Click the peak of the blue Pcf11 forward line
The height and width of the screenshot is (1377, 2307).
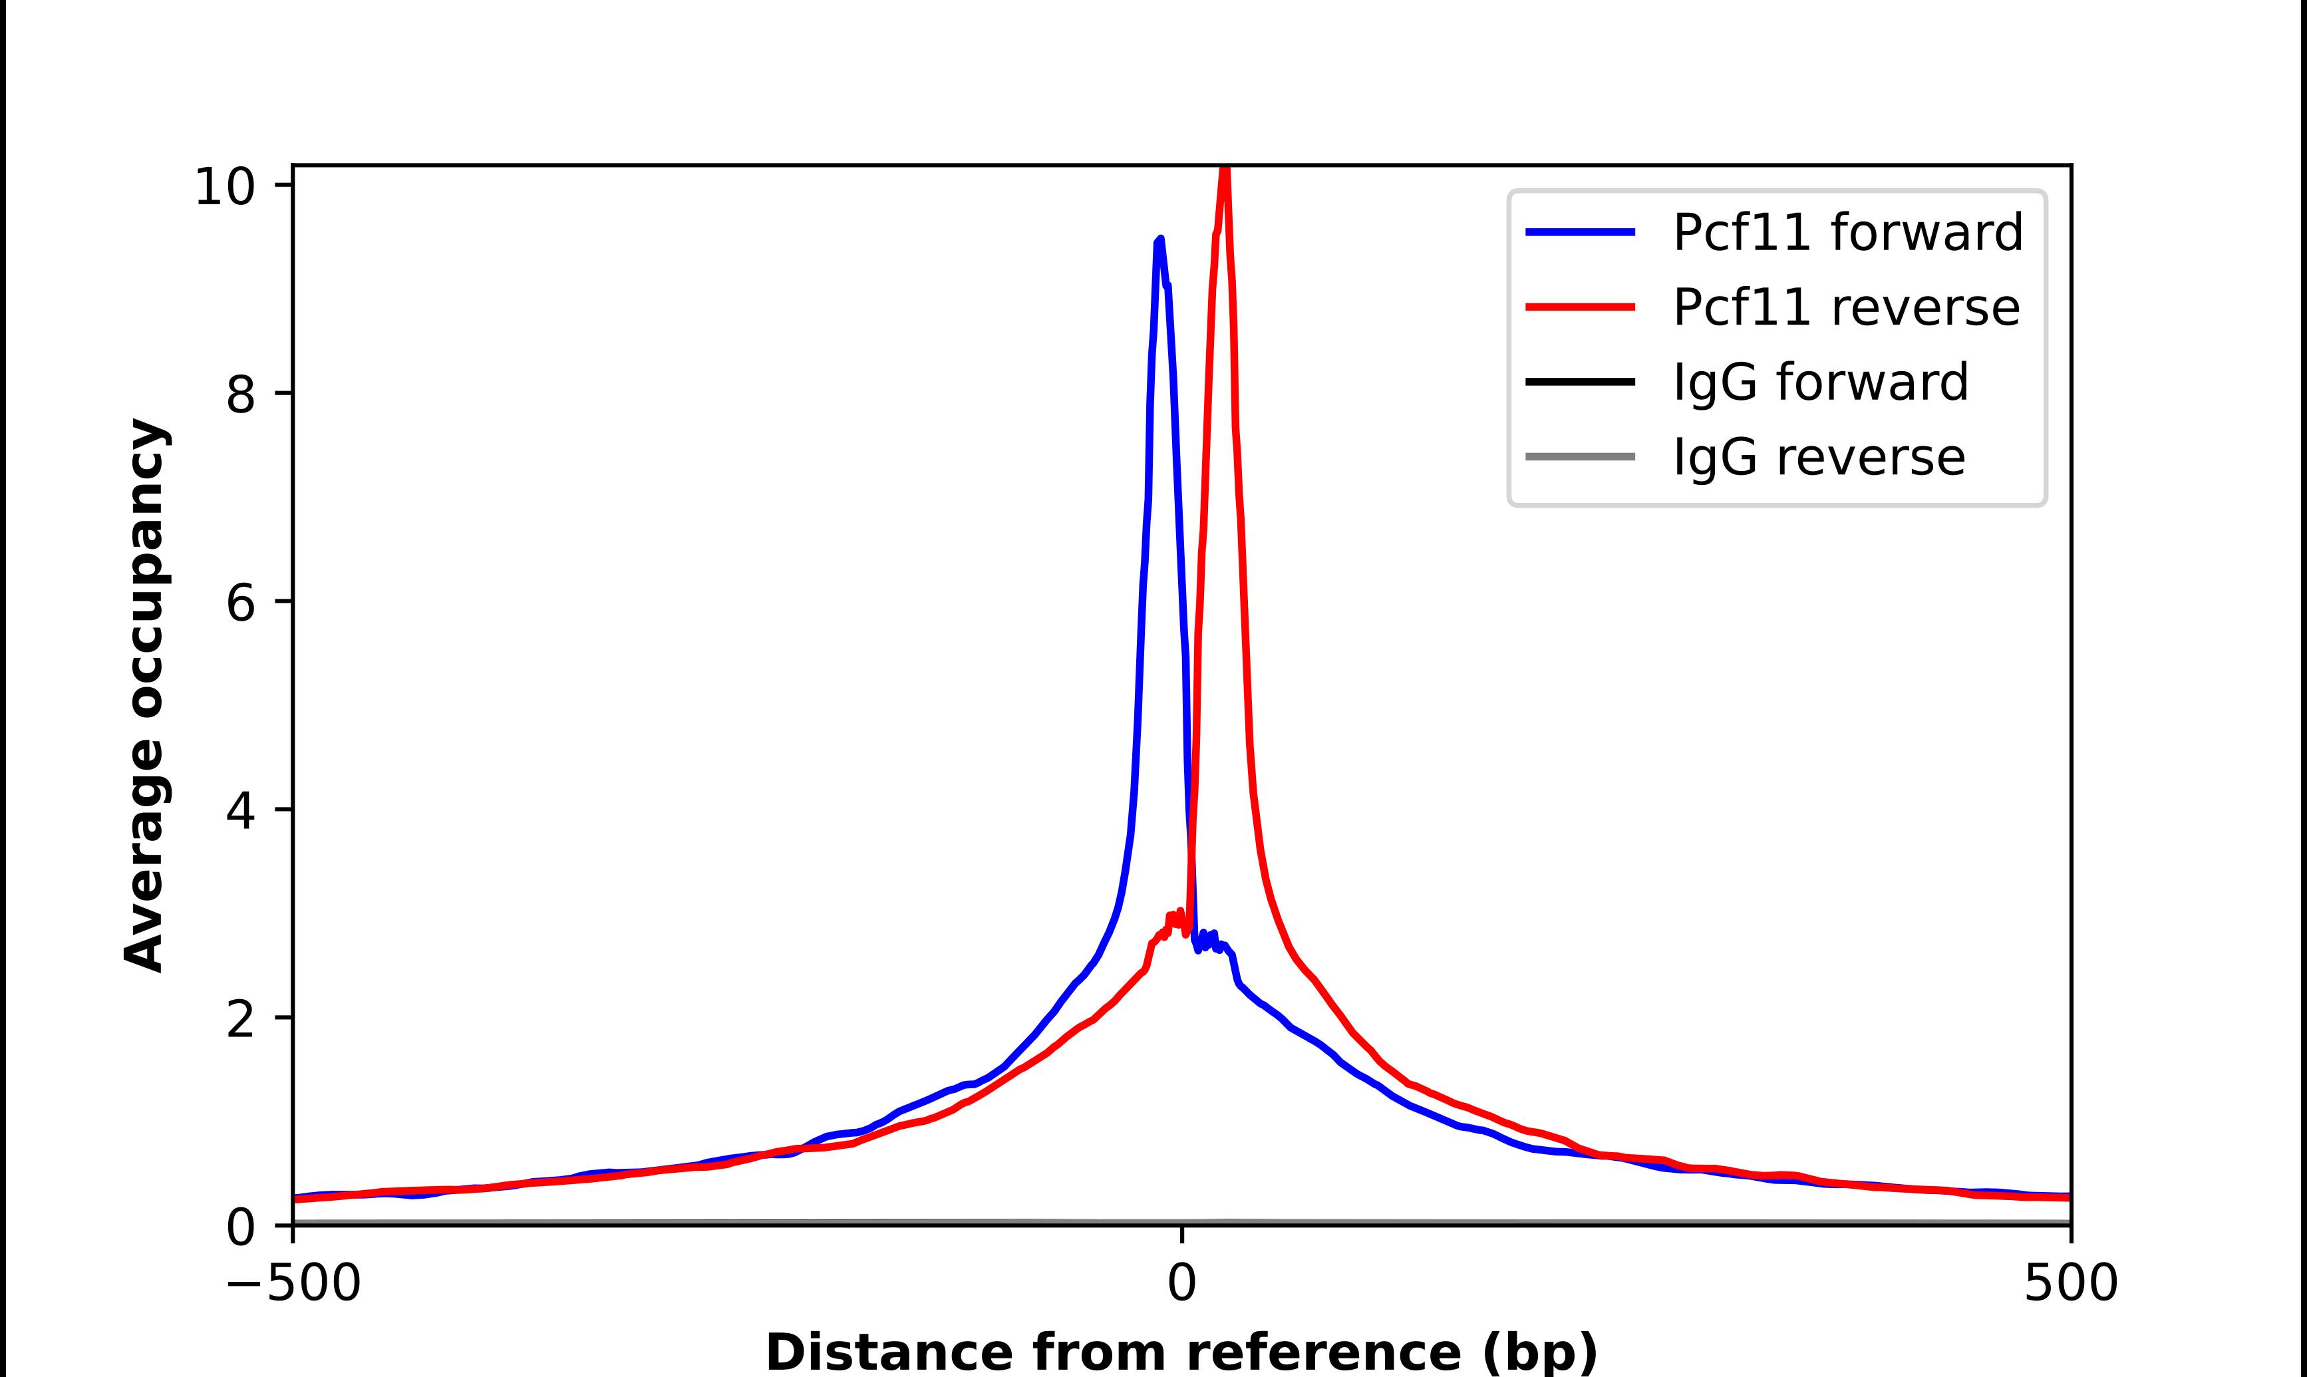tap(1159, 240)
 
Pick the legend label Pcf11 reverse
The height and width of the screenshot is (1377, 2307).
tap(1845, 307)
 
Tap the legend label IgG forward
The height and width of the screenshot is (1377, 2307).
tap(1820, 382)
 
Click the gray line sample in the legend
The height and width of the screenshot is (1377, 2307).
tap(1580, 456)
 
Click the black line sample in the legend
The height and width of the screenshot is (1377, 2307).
tap(1580, 381)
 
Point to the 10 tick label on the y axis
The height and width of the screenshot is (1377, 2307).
tap(224, 186)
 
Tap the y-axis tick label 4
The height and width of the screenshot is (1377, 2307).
tap(239, 811)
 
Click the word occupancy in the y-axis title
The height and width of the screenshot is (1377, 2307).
tap(146, 569)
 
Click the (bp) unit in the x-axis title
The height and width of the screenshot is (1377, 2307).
tap(1540, 1353)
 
